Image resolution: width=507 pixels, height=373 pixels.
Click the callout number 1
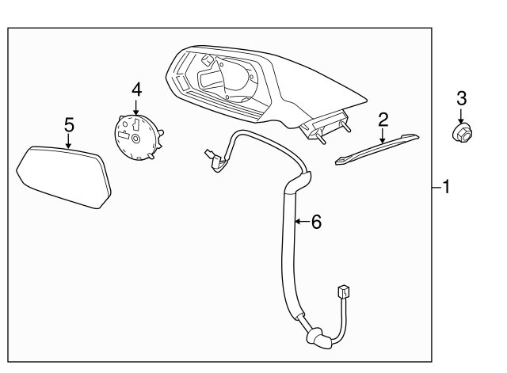447,187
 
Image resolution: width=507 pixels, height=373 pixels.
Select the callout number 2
383,120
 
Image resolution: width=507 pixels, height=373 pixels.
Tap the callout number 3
461,98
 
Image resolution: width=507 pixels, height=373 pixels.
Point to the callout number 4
137,89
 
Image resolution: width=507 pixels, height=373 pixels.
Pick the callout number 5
69,125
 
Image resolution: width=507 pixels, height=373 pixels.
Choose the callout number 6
316,222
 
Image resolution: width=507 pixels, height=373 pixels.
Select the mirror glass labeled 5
64,177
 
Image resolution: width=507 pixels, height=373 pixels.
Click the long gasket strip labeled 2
377,149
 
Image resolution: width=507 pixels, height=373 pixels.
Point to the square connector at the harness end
344,291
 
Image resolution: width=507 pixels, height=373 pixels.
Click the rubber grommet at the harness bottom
319,339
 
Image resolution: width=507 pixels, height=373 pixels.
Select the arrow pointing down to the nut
461,116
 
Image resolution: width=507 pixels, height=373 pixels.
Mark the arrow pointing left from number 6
302,222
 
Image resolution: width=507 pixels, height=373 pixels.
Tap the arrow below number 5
69,141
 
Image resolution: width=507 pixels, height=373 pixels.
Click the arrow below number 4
136,108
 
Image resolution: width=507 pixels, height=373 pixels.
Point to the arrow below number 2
383,135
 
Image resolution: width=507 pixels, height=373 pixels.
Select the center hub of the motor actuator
135,139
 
